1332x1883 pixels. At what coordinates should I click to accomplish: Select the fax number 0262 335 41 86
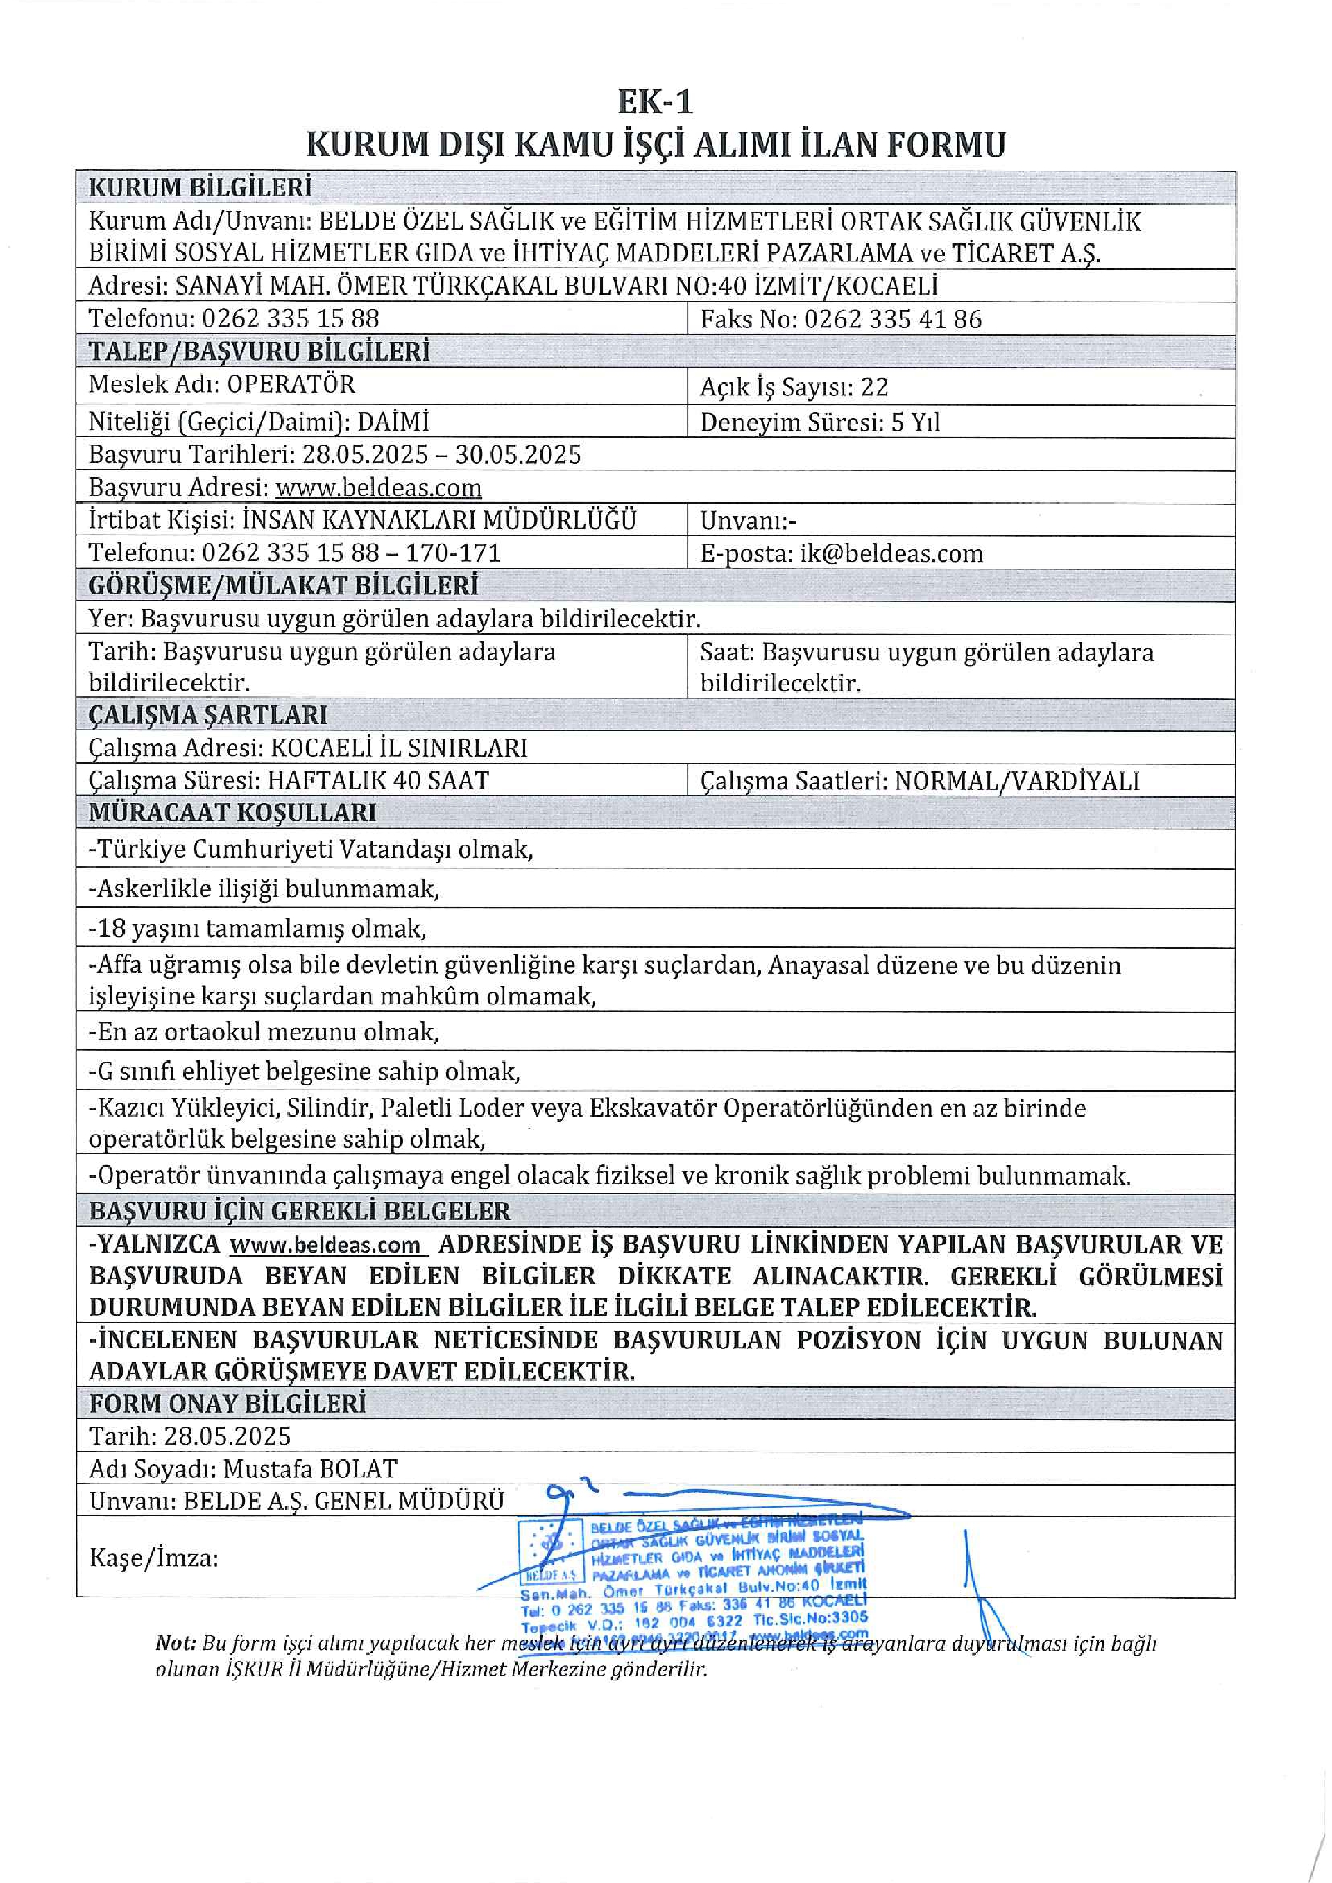[x=892, y=319]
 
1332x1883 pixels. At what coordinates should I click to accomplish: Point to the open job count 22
[x=874, y=387]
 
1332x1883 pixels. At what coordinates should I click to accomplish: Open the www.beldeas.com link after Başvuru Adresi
[x=378, y=488]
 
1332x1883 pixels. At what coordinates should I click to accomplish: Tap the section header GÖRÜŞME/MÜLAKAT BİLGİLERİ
[x=283, y=585]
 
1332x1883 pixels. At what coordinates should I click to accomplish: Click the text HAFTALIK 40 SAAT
[x=378, y=780]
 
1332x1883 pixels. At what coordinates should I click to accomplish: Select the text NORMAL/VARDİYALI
[x=1017, y=781]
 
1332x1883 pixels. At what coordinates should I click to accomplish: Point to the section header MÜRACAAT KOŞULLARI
[x=232, y=812]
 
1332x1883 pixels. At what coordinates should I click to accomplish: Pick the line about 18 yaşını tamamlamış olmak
[x=257, y=929]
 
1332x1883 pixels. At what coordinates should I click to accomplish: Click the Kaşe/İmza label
[x=154, y=1558]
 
